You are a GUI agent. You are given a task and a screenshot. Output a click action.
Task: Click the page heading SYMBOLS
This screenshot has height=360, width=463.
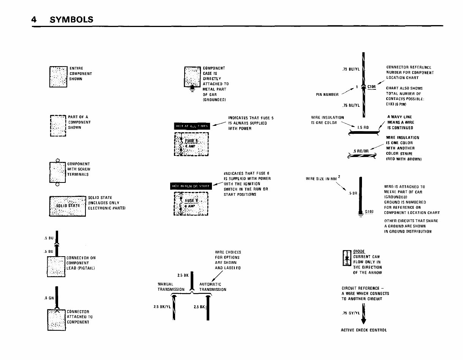tap(71, 19)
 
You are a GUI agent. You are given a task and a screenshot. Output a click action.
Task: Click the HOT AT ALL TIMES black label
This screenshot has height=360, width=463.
tap(192, 127)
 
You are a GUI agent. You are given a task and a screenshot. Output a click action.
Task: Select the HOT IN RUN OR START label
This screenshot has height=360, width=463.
tap(191, 186)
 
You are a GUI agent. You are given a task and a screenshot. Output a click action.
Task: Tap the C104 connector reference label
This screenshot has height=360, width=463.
tap(371, 87)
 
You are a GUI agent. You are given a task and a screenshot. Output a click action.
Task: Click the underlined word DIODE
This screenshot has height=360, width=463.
tap(359, 251)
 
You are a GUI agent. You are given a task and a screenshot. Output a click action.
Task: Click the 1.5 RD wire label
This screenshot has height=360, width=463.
tap(363, 128)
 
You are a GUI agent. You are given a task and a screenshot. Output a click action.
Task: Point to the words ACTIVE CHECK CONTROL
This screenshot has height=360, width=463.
tap(363, 330)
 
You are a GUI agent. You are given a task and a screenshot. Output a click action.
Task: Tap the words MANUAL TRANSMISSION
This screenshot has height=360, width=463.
tap(171, 287)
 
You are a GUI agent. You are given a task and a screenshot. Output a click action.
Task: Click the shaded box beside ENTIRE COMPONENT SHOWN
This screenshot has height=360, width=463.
tap(58, 76)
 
